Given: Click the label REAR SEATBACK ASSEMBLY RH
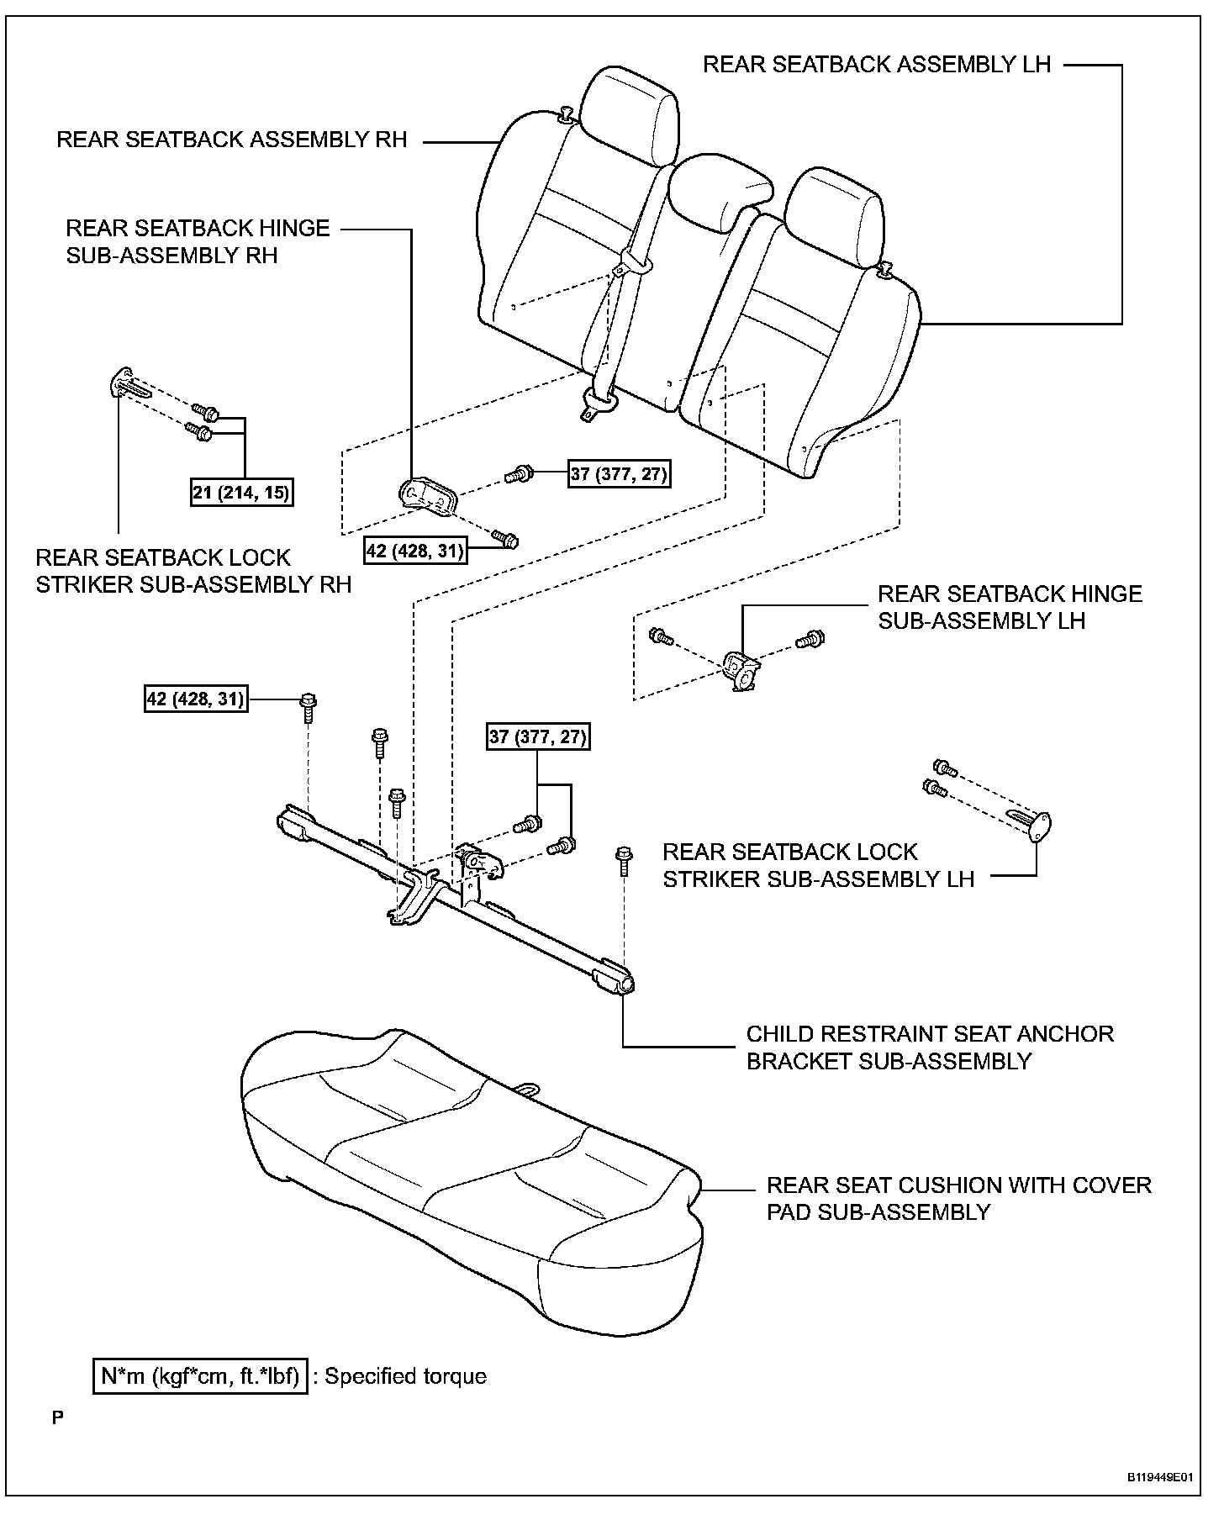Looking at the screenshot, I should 231,139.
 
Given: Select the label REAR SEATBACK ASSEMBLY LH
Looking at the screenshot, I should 877,65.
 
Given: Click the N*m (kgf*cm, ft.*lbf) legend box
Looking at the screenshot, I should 200,1376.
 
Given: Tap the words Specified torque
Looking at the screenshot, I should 405,1376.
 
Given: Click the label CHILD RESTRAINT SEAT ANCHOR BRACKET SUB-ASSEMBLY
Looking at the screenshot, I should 930,1047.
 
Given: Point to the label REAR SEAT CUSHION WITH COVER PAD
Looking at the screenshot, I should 958,1198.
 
